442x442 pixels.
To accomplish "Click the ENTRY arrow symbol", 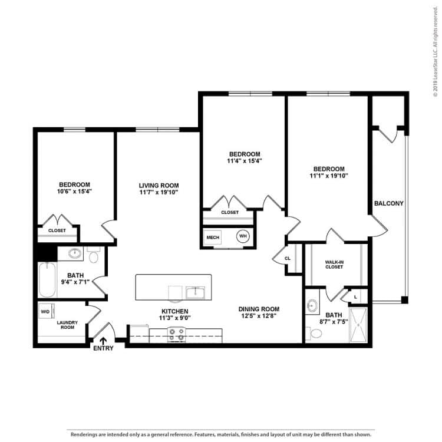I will (x=104, y=340).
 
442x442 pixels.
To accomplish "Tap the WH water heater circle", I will (x=243, y=236).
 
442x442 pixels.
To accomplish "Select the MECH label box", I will (x=213, y=238).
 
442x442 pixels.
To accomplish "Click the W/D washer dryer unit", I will (x=45, y=311).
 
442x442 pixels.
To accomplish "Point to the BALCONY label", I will (x=388, y=204).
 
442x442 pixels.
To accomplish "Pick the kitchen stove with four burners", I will (x=176, y=335).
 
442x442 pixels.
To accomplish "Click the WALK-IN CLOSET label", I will (x=334, y=264).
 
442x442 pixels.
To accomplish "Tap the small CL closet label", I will (x=288, y=258).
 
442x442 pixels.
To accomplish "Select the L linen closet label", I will (x=357, y=296).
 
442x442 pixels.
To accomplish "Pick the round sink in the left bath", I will (x=75, y=254).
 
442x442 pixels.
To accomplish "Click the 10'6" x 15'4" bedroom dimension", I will (x=74, y=191).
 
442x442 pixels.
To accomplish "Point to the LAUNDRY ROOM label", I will (x=68, y=325).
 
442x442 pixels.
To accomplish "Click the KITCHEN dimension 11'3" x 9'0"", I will (x=175, y=318).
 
